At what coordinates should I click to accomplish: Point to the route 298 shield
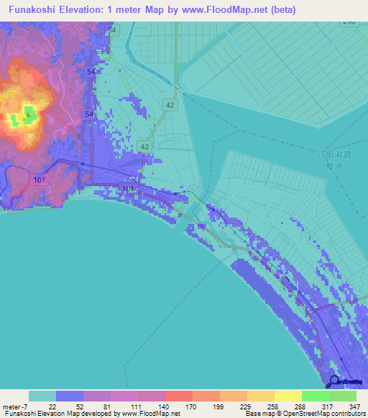pos(349,22)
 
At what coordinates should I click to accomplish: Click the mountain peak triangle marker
pos(28,113)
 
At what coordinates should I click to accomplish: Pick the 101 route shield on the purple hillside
pos(39,178)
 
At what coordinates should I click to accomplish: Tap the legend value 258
pos(274,406)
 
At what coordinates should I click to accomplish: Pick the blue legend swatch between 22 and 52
pos(70,396)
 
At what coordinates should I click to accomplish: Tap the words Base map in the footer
pos(259,414)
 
